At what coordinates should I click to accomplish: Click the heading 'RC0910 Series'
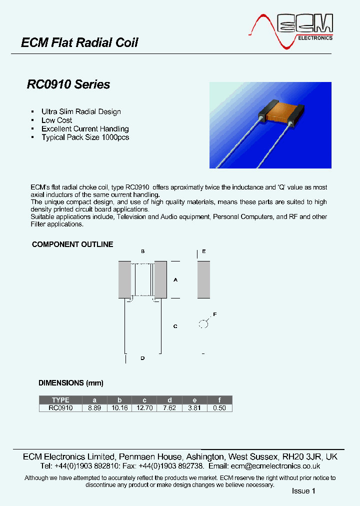click(x=68, y=84)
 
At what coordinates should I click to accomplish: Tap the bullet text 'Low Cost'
click(x=56, y=120)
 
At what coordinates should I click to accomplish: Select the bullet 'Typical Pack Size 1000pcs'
click(x=85, y=137)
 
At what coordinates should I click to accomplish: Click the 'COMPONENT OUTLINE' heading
click(x=72, y=244)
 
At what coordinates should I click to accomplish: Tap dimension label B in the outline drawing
click(x=143, y=251)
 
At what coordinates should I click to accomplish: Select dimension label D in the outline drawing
click(x=142, y=358)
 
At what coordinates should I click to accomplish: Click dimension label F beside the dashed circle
click(x=215, y=314)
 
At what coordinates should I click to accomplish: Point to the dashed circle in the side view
click(x=203, y=324)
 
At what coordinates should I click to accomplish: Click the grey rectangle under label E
click(x=203, y=279)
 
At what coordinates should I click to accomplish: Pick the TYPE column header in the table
click(x=60, y=400)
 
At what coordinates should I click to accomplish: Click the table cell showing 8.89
click(x=94, y=408)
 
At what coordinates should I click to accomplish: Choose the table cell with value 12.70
click(x=144, y=408)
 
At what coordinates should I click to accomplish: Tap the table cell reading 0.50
click(x=219, y=408)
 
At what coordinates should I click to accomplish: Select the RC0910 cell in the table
click(x=60, y=408)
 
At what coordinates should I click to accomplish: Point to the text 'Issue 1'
click(x=303, y=491)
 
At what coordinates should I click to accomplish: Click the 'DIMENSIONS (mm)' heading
click(x=71, y=383)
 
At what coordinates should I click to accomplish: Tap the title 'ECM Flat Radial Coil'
click(x=79, y=43)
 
